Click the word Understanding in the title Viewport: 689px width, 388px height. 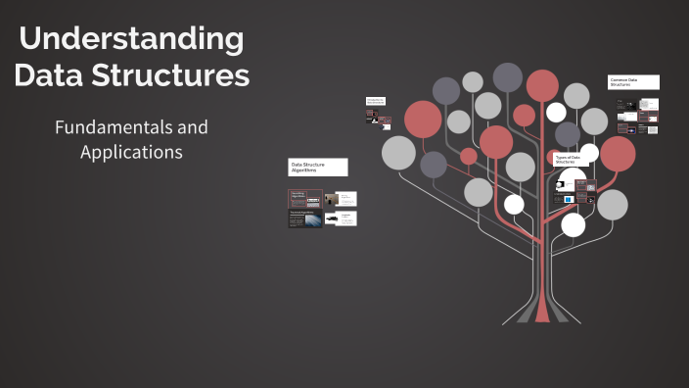pyautogui.click(x=131, y=39)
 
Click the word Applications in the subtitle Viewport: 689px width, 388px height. pyautogui.click(x=131, y=153)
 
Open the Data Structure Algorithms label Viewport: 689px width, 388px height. pyautogui.click(x=317, y=168)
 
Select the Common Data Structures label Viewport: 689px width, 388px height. pyautogui.click(x=633, y=82)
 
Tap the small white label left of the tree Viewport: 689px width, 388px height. pyautogui.click(x=376, y=101)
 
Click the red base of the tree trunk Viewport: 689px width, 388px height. pyautogui.click(x=542, y=312)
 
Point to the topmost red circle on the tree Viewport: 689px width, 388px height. pyautogui.click(x=542, y=85)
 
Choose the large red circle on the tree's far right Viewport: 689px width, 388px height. pyautogui.click(x=618, y=153)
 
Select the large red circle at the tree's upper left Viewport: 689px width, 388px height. pyautogui.click(x=423, y=119)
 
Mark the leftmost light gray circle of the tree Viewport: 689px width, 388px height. pyautogui.click(x=398, y=153)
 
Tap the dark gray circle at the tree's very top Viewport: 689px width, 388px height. pyautogui.click(x=507, y=76)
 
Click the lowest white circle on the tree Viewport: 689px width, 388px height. pyautogui.click(x=574, y=225)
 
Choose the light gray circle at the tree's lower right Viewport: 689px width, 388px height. pyautogui.click(x=612, y=204)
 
